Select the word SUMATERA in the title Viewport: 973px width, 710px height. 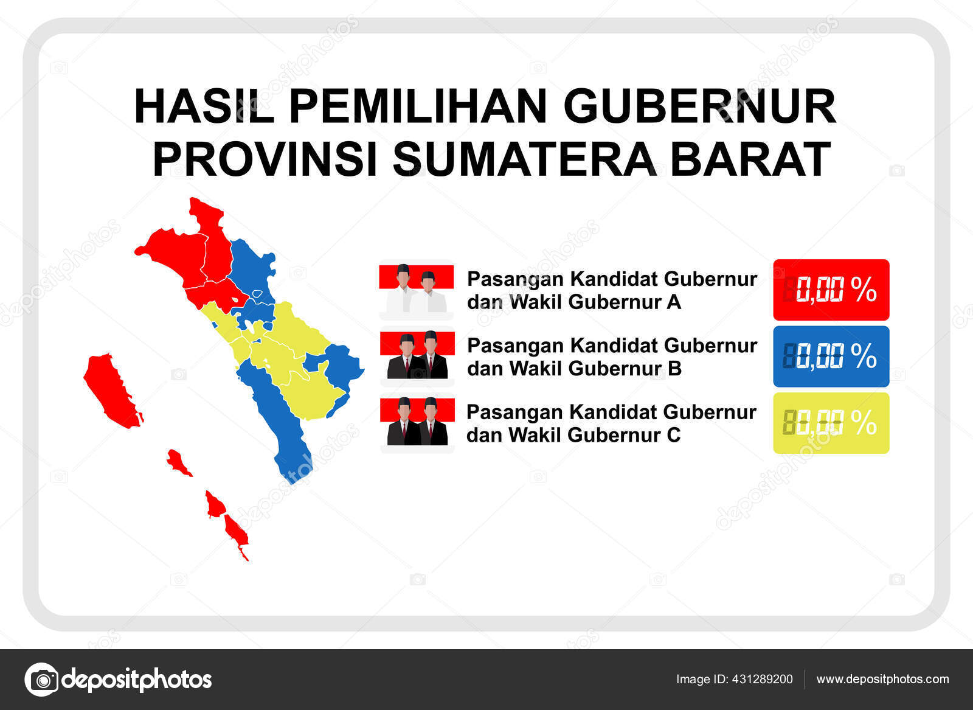click(x=524, y=159)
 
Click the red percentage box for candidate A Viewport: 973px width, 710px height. click(x=831, y=290)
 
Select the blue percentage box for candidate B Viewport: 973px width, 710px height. click(x=831, y=357)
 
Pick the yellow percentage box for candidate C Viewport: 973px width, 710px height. click(x=831, y=423)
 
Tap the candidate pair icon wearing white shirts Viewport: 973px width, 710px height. click(x=417, y=290)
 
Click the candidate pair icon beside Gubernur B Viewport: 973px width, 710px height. click(x=417, y=357)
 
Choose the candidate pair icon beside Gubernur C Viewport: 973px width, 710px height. click(x=417, y=423)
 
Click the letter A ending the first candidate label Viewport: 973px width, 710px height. click(x=673, y=302)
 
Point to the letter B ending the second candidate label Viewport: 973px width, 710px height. click(x=674, y=369)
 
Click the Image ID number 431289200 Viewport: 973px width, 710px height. click(x=763, y=679)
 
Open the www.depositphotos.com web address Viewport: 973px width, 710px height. click(x=882, y=679)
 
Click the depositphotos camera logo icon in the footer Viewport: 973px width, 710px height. click(x=41, y=679)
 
